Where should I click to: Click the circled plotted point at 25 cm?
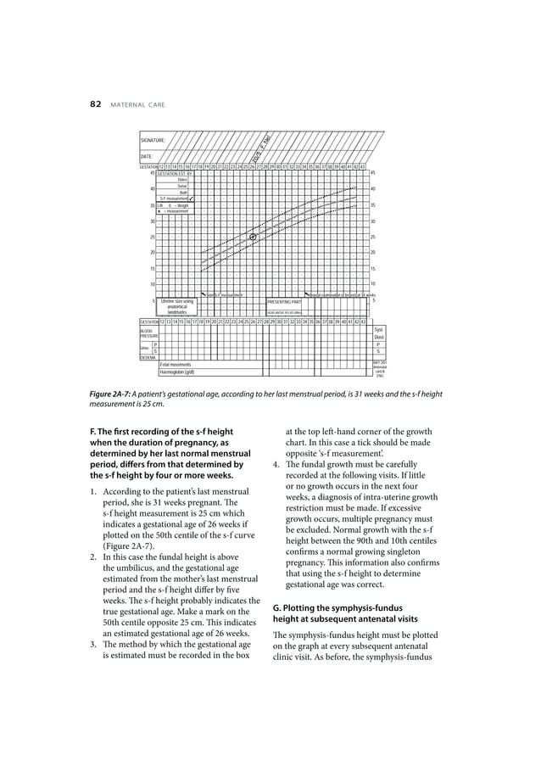253,237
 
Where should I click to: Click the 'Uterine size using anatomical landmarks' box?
177,306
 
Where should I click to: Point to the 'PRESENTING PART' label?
284,301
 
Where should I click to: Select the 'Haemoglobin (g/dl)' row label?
179,372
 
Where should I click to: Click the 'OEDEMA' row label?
148,357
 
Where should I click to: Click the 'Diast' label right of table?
378,336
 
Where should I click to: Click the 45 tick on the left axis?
153,173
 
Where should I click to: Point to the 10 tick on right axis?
374,284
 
